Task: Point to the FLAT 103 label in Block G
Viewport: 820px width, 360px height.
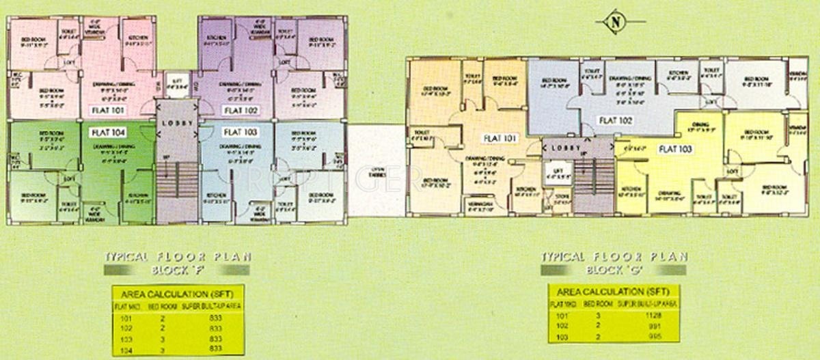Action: click(676, 148)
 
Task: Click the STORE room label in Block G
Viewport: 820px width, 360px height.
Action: click(561, 201)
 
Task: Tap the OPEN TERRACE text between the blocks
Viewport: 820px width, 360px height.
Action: click(377, 172)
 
